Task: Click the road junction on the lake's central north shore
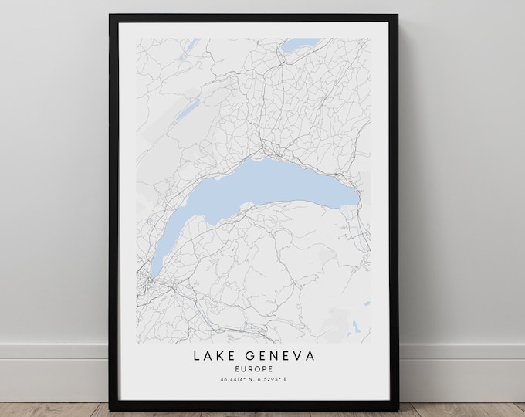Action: click(266, 147)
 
